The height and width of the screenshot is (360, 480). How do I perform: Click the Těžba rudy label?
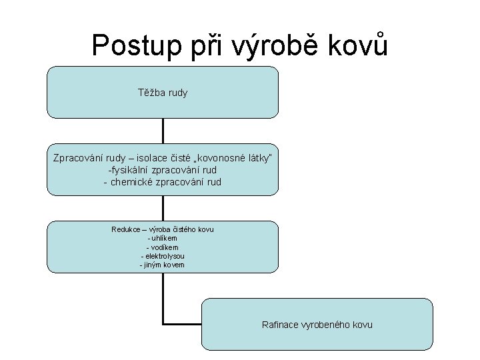coord(163,93)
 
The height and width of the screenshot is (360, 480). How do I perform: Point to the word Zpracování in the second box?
coord(77,157)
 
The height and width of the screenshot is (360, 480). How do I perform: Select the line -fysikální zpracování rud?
coord(163,169)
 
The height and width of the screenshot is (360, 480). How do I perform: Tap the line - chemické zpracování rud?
coord(163,181)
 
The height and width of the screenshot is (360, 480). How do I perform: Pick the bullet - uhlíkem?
coord(163,238)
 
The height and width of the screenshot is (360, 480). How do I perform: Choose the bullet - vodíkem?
coord(163,247)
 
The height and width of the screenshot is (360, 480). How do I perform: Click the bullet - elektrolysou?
coord(163,256)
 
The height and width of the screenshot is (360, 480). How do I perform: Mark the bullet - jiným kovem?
coord(163,265)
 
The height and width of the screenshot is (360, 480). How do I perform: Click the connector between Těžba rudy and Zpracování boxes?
coord(163,131)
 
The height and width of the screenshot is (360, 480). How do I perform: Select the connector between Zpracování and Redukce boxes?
coord(163,208)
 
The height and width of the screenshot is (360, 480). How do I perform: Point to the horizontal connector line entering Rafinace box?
coord(182,324)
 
